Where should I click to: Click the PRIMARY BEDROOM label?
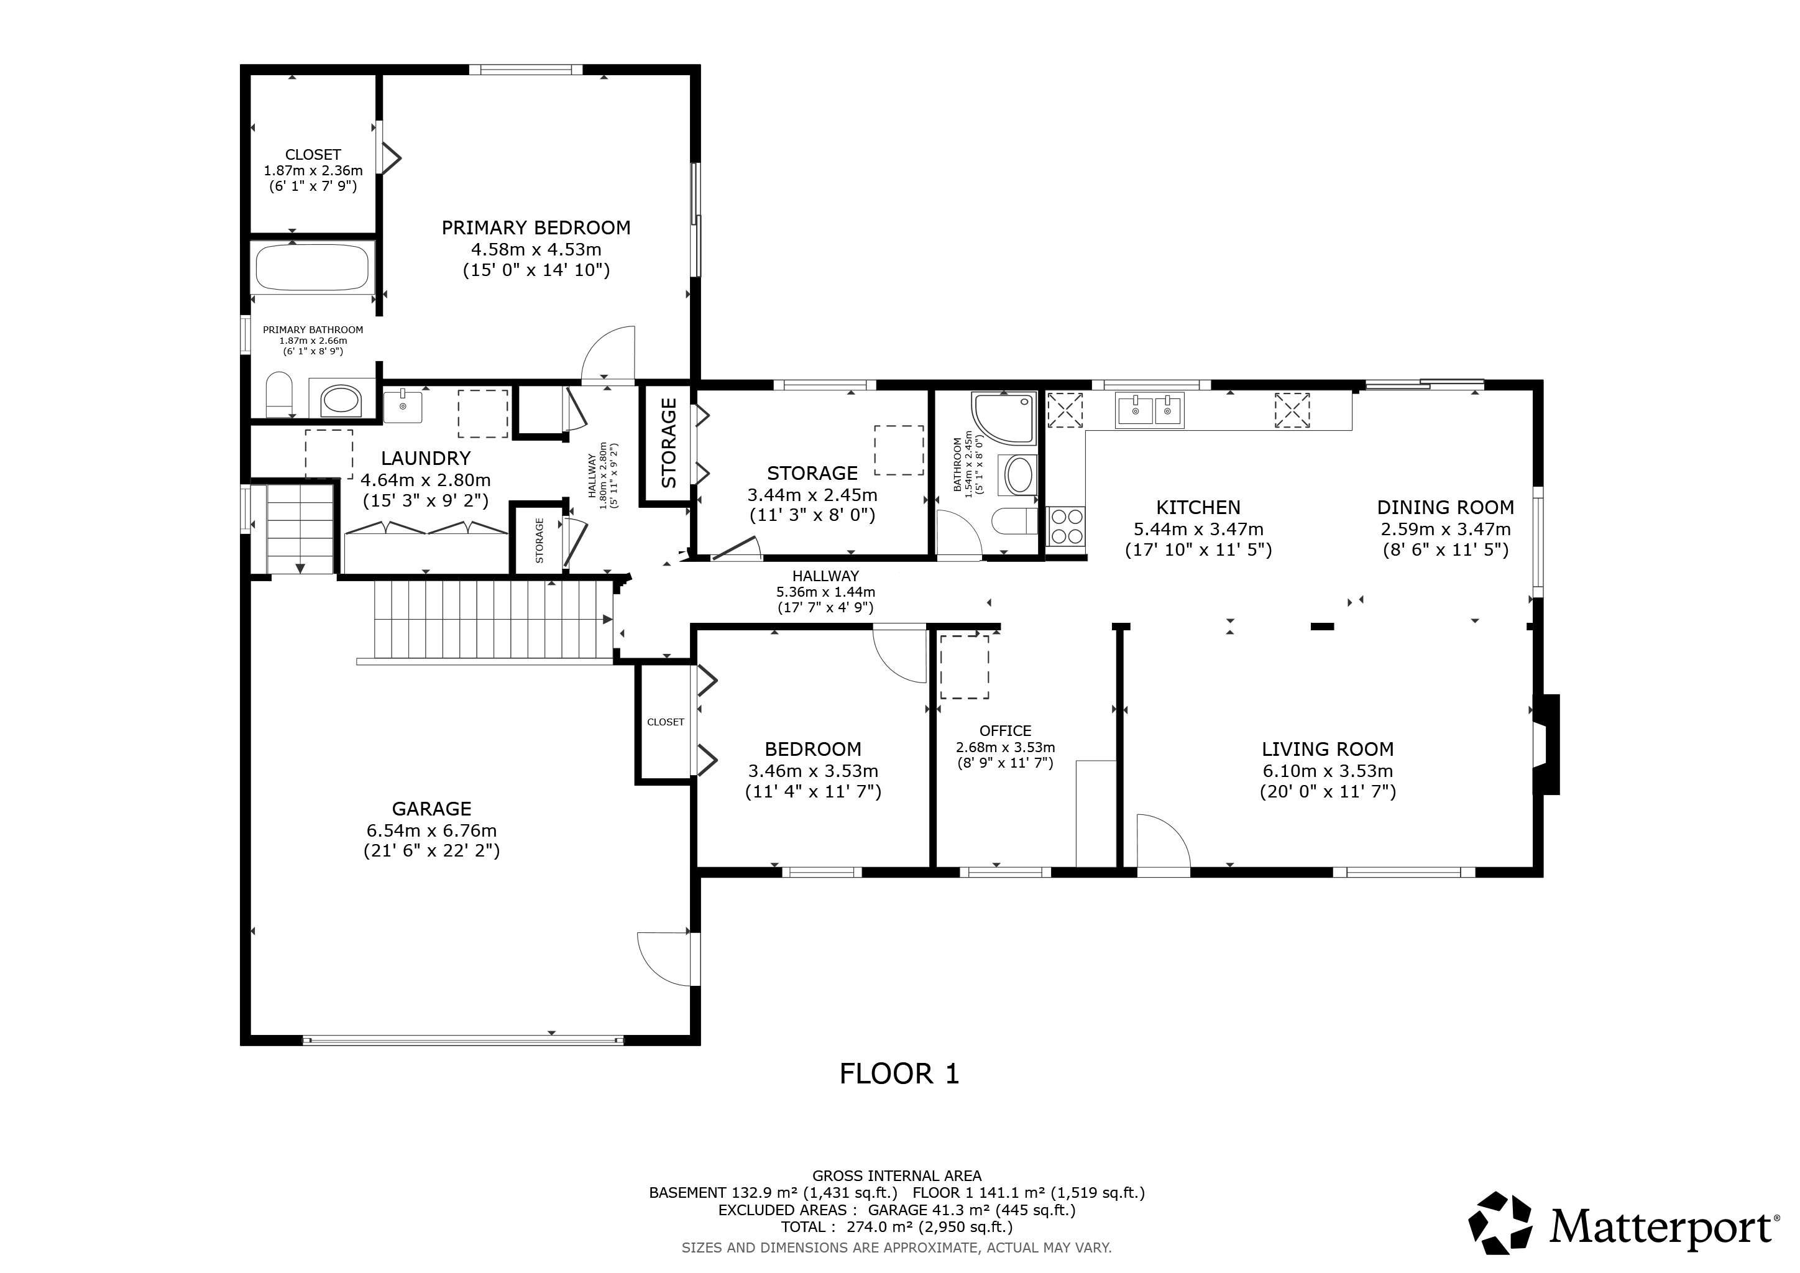(536, 228)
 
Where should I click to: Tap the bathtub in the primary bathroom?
(312, 268)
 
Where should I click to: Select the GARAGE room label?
(431, 809)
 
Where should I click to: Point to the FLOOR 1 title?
(899, 1074)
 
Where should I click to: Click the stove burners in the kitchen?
(1066, 526)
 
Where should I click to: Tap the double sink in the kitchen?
(1150, 409)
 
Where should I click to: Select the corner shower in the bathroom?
(1003, 418)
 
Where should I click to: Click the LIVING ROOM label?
(1327, 750)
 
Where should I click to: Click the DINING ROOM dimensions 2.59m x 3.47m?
(1446, 529)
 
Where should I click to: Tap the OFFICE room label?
(1005, 730)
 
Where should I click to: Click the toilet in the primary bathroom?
(279, 395)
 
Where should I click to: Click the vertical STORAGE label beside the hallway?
(669, 443)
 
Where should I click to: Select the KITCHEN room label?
(1198, 508)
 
